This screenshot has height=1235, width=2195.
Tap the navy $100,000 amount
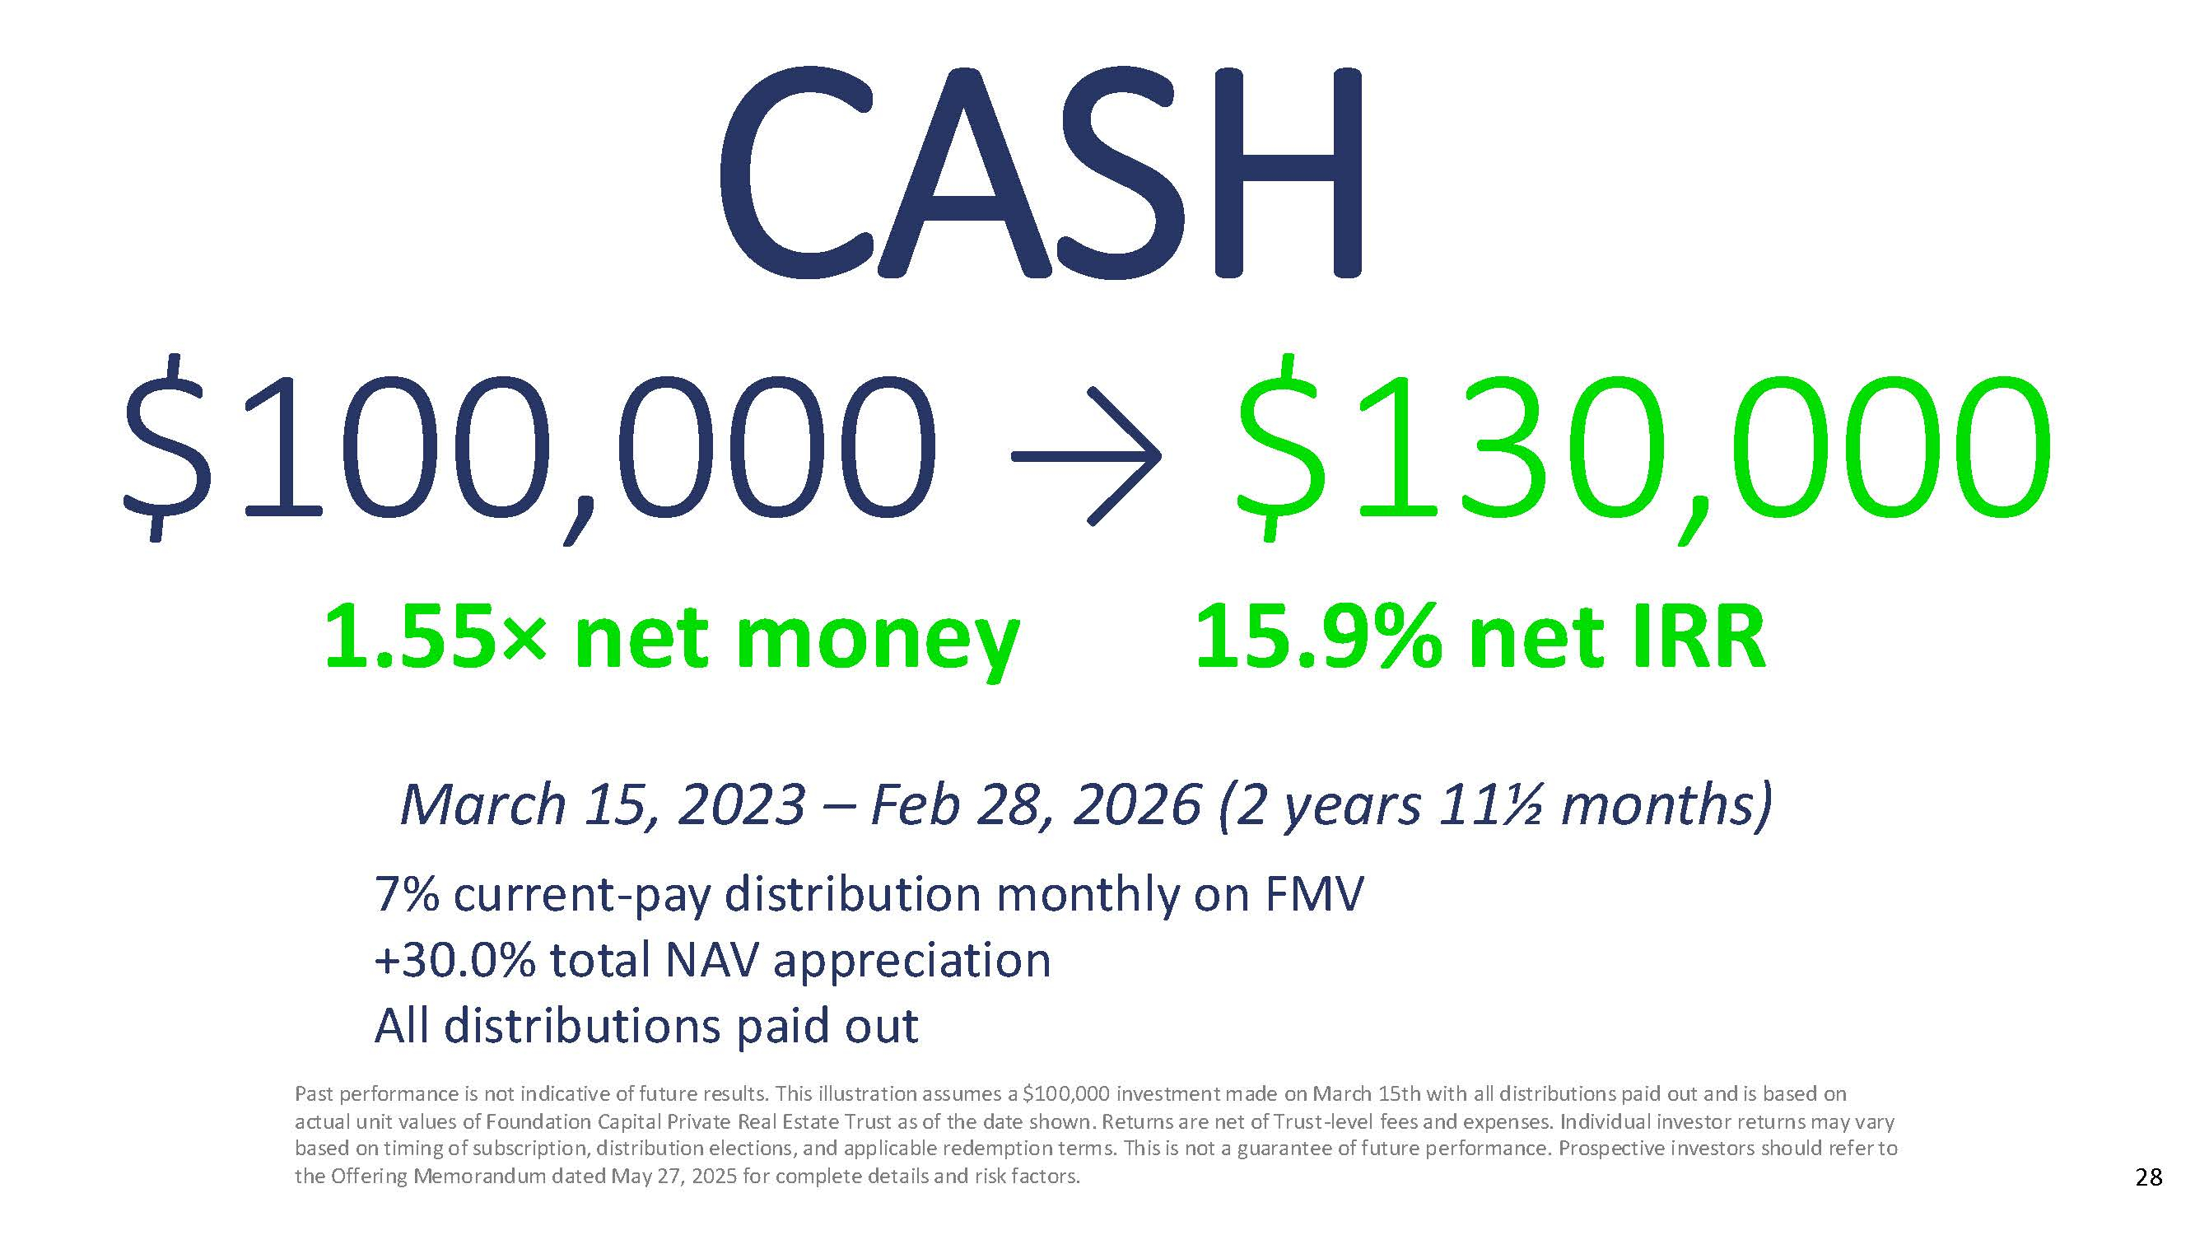click(x=529, y=447)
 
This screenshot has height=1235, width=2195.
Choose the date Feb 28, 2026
click(x=1035, y=805)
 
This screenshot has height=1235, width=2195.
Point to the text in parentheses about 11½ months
click(x=1496, y=805)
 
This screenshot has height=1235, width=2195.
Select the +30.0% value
click(x=456, y=961)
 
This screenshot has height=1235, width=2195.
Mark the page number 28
click(x=2149, y=1177)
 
